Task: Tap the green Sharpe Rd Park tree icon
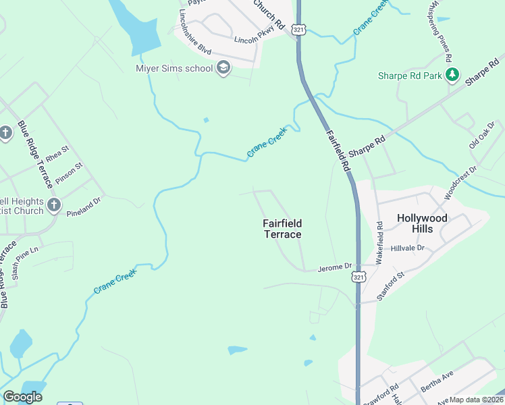point(454,75)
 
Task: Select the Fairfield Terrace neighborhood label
point(282,229)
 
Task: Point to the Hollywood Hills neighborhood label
point(422,223)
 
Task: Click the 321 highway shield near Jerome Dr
point(359,277)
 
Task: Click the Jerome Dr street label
point(336,267)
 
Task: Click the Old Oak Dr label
point(482,135)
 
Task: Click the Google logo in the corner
point(22,397)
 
